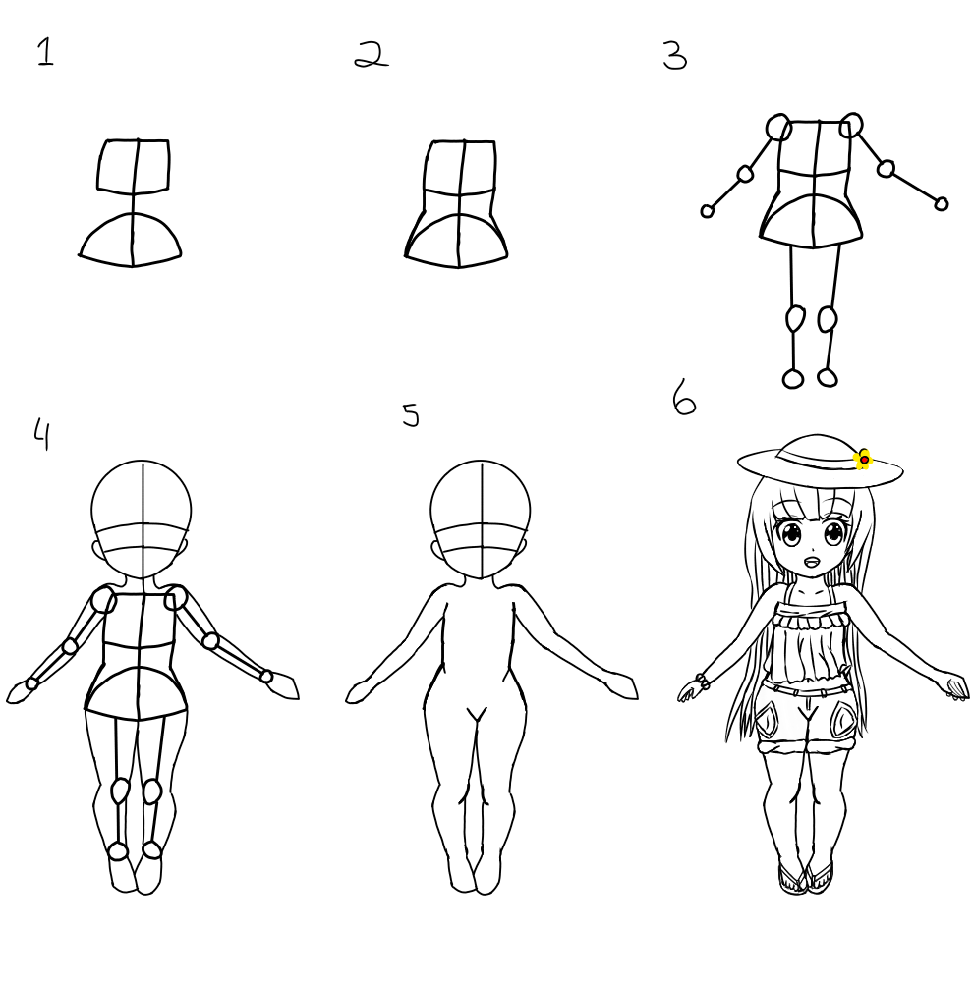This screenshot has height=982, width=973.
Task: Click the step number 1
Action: click(x=46, y=51)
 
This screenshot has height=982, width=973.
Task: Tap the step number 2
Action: click(x=372, y=54)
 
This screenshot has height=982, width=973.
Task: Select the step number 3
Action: click(x=675, y=55)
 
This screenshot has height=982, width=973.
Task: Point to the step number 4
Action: click(x=41, y=434)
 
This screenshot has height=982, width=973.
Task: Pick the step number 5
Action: click(x=411, y=414)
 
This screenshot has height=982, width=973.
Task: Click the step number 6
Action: click(x=684, y=396)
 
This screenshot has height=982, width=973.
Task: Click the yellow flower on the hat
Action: click(x=863, y=459)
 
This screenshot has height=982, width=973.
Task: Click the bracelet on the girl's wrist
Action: click(x=702, y=682)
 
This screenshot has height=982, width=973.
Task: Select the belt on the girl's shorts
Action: click(x=805, y=690)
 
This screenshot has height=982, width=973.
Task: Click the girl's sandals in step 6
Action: click(x=806, y=877)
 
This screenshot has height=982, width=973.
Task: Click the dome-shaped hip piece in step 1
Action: click(x=131, y=240)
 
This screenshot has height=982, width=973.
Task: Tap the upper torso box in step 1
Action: click(x=134, y=165)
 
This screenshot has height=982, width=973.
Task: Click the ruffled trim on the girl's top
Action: click(x=811, y=621)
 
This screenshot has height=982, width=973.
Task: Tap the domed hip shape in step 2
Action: click(x=457, y=242)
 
